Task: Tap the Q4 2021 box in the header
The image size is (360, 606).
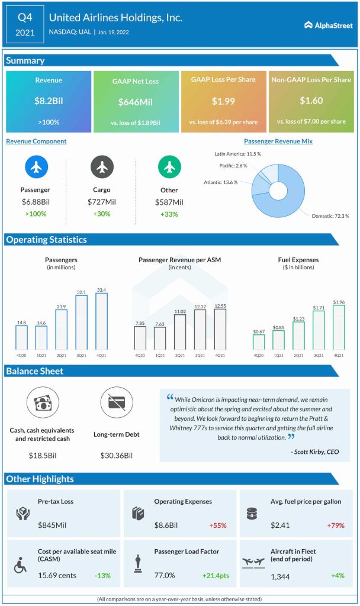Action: (x=24, y=24)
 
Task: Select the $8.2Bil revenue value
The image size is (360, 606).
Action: (x=49, y=101)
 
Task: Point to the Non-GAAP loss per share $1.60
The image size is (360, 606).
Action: (x=311, y=101)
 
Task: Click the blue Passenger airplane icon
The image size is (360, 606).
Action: (x=37, y=168)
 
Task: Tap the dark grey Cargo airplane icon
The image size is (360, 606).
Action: (x=102, y=168)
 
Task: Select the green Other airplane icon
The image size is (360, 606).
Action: (x=169, y=168)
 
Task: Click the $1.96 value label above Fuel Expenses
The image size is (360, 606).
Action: (x=338, y=302)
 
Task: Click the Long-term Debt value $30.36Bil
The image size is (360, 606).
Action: (x=116, y=456)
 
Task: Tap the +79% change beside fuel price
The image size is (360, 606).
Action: (x=334, y=524)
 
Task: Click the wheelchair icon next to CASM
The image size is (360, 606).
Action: (x=20, y=566)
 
